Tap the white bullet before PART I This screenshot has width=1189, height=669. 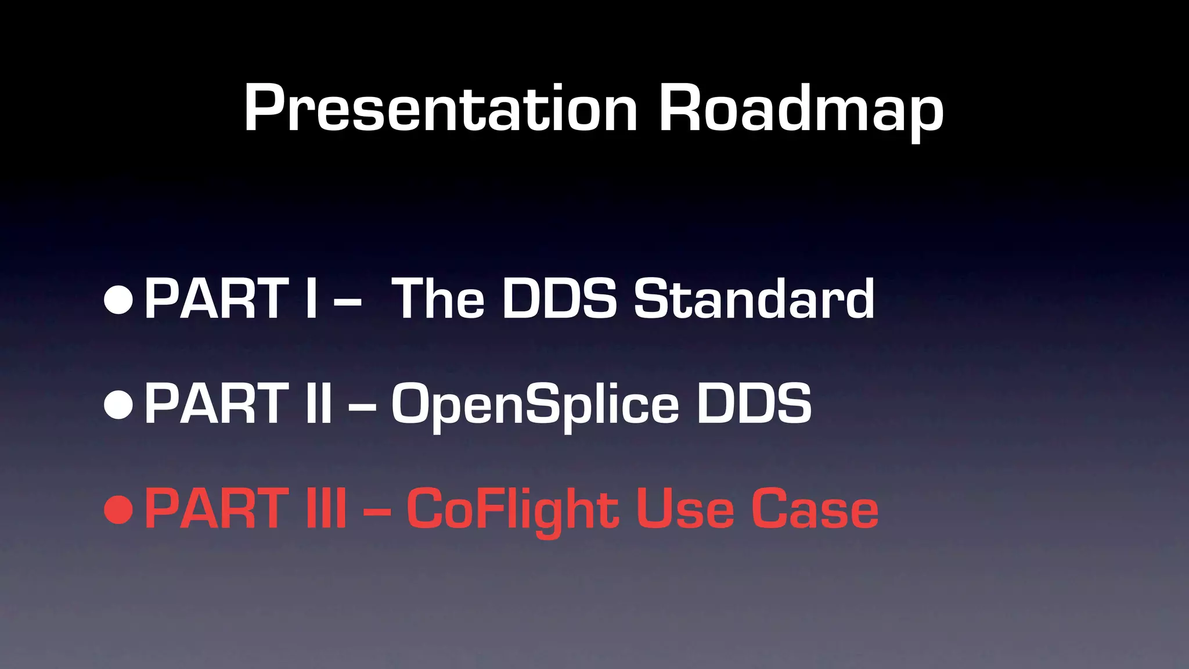click(119, 299)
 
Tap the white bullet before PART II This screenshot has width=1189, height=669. click(119, 404)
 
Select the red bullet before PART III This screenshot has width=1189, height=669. click(119, 509)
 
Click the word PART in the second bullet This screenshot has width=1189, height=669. click(217, 404)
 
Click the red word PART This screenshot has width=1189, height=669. click(217, 509)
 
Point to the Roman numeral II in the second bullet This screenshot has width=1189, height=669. click(319, 404)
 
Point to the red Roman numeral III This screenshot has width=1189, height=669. click(326, 509)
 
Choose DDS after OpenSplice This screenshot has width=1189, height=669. click(754, 404)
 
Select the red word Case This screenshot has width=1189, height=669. click(815, 509)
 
